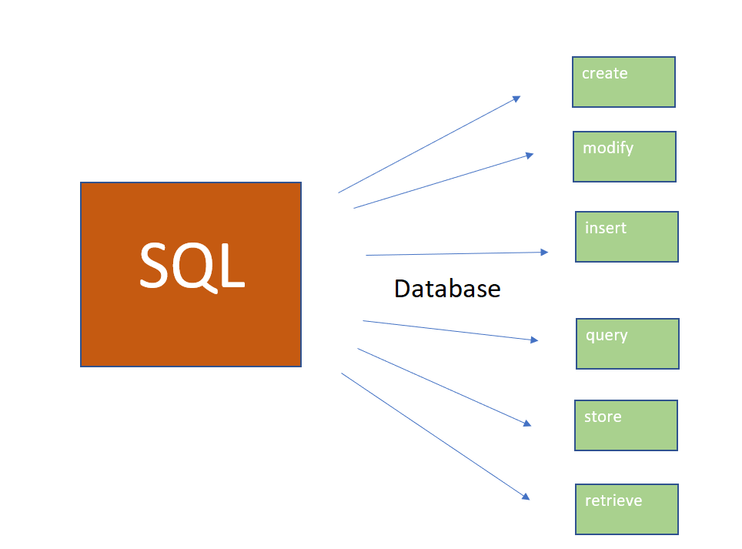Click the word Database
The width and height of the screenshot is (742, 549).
coord(447,289)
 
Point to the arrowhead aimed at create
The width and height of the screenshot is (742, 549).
coord(517,98)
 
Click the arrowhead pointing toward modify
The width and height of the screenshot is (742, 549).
coord(530,155)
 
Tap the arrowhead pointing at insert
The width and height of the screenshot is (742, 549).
coord(545,252)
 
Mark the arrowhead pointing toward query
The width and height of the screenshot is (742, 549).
coord(535,340)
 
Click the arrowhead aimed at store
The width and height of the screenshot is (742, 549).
coord(527,423)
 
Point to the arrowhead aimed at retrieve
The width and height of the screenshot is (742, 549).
coord(526,497)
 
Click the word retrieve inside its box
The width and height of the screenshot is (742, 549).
coord(613,500)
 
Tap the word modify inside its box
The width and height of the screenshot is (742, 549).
coord(608,148)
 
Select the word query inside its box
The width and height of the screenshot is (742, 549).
coord(607,336)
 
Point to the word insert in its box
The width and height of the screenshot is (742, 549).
coord(606,228)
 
